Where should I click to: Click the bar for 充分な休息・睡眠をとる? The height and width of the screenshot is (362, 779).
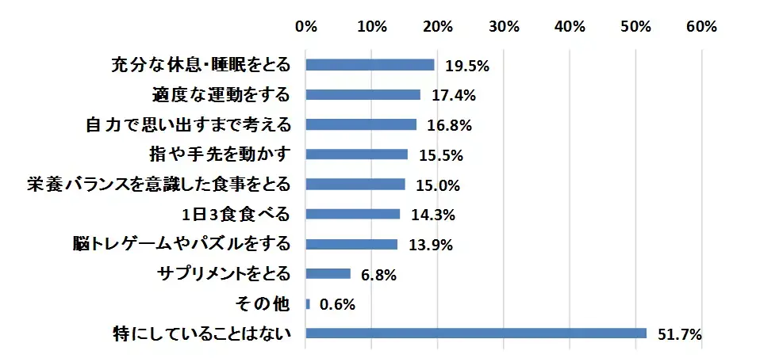pyautogui.click(x=370, y=65)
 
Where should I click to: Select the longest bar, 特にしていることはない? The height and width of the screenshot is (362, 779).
pyautogui.click(x=476, y=333)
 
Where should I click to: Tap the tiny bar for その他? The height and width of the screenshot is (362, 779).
pyautogui.click(x=308, y=303)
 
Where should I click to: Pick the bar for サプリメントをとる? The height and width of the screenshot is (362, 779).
pyautogui.click(x=328, y=273)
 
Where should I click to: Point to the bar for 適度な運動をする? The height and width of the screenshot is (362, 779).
pyautogui.click(x=363, y=95)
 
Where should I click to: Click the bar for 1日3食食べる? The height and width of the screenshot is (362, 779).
pyautogui.click(x=352, y=214)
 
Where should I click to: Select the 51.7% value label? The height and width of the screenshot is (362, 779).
pyautogui.click(x=680, y=334)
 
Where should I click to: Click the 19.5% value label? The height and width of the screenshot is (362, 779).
pyautogui.click(x=467, y=66)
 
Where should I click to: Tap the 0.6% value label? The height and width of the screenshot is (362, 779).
pyautogui.click(x=336, y=304)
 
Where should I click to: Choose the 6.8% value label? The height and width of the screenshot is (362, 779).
pyautogui.click(x=378, y=274)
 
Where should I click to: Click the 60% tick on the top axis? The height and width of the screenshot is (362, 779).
pyautogui.click(x=700, y=26)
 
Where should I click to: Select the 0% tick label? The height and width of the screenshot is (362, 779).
pyautogui.click(x=306, y=26)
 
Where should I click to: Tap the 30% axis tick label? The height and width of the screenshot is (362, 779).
pyautogui.click(x=504, y=26)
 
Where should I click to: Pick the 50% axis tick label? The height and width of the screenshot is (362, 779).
pyautogui.click(x=635, y=26)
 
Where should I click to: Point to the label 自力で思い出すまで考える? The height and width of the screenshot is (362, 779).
pyautogui.click(x=187, y=124)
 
